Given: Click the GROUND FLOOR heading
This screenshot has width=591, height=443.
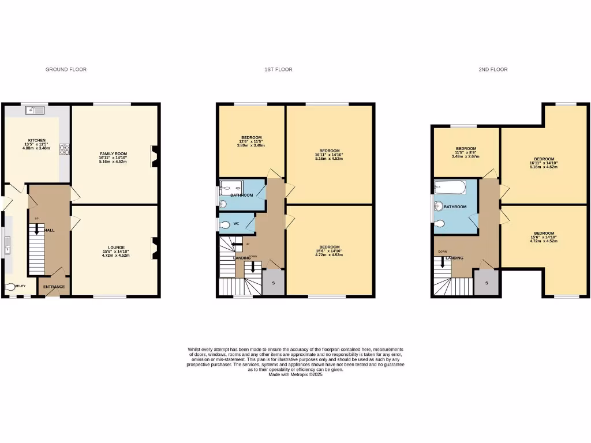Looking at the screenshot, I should click(x=66, y=70).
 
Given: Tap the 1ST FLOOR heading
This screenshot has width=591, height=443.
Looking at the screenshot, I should click(x=278, y=70).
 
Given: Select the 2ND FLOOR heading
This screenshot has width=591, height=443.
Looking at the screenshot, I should click(x=493, y=70).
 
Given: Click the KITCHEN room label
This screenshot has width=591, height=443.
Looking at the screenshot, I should click(x=37, y=140).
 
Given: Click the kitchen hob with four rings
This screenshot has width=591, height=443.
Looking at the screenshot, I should click(x=64, y=148).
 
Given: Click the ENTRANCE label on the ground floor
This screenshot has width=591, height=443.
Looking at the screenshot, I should click(x=54, y=287).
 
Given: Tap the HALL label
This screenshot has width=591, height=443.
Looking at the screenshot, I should click(x=50, y=230).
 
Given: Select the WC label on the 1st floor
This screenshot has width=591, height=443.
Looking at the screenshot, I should click(x=236, y=223).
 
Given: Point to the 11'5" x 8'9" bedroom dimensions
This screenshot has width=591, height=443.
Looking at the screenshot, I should click(x=466, y=152).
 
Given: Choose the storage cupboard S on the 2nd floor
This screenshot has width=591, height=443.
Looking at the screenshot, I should click(x=487, y=283).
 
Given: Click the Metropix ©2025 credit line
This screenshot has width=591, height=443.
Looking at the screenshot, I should click(x=295, y=374).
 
